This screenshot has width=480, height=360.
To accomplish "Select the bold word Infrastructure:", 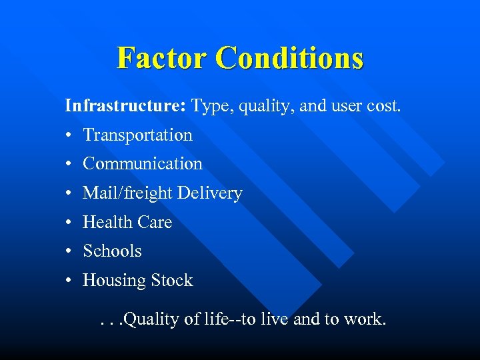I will click(125, 105).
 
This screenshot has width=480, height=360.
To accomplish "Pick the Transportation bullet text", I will click(137, 135).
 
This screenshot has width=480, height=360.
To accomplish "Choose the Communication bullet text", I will click(142, 163).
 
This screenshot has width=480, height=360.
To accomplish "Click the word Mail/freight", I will click(124, 193).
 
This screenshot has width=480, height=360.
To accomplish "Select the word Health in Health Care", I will click(105, 222).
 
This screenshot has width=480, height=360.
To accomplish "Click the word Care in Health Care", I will click(154, 222).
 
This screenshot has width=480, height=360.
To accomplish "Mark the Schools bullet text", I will click(112, 251).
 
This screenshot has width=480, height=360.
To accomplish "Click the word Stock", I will click(171, 281).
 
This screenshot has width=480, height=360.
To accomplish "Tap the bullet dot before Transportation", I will click(69, 135).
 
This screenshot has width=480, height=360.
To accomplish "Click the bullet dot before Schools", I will click(69, 252).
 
